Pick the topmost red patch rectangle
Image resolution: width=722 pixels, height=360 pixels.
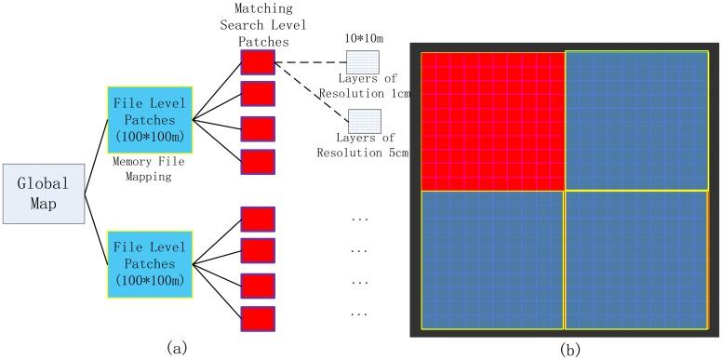point(258,62)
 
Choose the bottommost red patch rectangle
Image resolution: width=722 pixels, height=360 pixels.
point(258,317)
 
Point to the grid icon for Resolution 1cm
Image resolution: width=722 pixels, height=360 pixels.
point(358,63)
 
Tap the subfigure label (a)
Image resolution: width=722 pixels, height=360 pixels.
point(177,347)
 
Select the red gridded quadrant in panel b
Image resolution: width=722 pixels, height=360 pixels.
point(492,120)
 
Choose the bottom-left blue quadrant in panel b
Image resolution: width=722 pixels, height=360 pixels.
point(492,260)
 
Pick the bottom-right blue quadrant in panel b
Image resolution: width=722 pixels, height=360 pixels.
point(636,260)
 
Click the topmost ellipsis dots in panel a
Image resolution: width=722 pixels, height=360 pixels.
point(357,220)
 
